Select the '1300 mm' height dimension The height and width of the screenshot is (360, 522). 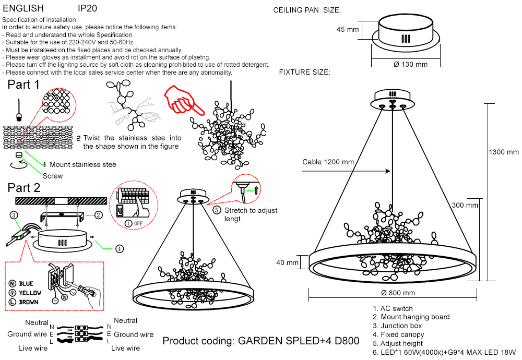click(x=504, y=152)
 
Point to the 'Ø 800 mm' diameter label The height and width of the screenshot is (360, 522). click(x=398, y=293)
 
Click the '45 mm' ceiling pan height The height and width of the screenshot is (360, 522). click(x=348, y=30)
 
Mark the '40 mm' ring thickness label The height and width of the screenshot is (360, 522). click(x=287, y=262)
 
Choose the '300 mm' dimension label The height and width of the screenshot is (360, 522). click(x=465, y=205)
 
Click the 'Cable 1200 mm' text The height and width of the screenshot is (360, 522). click(x=328, y=162)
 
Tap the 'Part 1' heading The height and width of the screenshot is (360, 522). click(x=23, y=85)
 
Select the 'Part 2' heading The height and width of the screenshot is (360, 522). click(x=24, y=188)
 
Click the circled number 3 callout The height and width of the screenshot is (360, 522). click(x=14, y=214)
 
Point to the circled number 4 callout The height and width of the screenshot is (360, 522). click(x=120, y=249)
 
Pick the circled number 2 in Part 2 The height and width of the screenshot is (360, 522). click(x=98, y=214)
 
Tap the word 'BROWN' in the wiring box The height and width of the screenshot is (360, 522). click(x=28, y=302)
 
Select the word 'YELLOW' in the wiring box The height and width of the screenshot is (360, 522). click(x=30, y=293)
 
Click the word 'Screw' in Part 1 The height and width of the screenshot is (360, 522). click(x=52, y=176)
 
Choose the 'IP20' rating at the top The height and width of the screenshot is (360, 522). click(x=87, y=9)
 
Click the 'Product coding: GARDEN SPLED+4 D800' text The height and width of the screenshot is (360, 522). click(x=261, y=341)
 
